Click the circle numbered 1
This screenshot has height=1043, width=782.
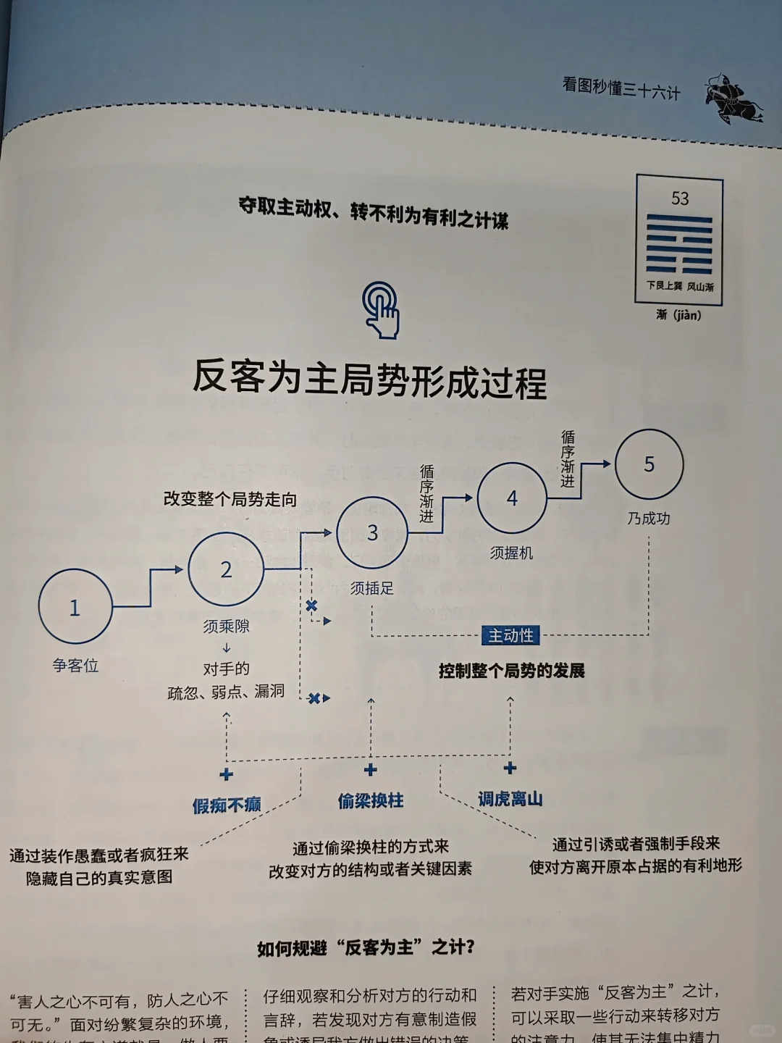[75, 607]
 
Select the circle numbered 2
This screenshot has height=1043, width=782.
[226, 569]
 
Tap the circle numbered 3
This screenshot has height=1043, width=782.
[372, 533]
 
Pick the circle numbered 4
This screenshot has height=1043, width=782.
[512, 498]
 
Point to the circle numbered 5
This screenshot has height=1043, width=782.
[649, 464]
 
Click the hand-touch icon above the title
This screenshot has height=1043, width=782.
[382, 310]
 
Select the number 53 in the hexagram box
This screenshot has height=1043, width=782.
[680, 198]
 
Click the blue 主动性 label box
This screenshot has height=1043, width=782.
[510, 636]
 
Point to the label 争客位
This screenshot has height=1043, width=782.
[75, 666]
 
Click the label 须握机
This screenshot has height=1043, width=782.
[511, 553]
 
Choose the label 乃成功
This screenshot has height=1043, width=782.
[649, 519]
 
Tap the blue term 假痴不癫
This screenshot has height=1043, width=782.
[227, 805]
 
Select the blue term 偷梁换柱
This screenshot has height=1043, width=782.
[371, 800]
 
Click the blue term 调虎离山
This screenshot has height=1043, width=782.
[510, 799]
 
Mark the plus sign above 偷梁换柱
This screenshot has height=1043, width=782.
[371, 770]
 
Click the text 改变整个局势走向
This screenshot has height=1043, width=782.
[230, 499]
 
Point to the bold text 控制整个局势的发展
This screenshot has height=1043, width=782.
[511, 671]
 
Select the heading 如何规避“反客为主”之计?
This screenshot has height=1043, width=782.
[366, 947]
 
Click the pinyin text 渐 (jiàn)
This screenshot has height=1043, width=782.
[678, 315]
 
